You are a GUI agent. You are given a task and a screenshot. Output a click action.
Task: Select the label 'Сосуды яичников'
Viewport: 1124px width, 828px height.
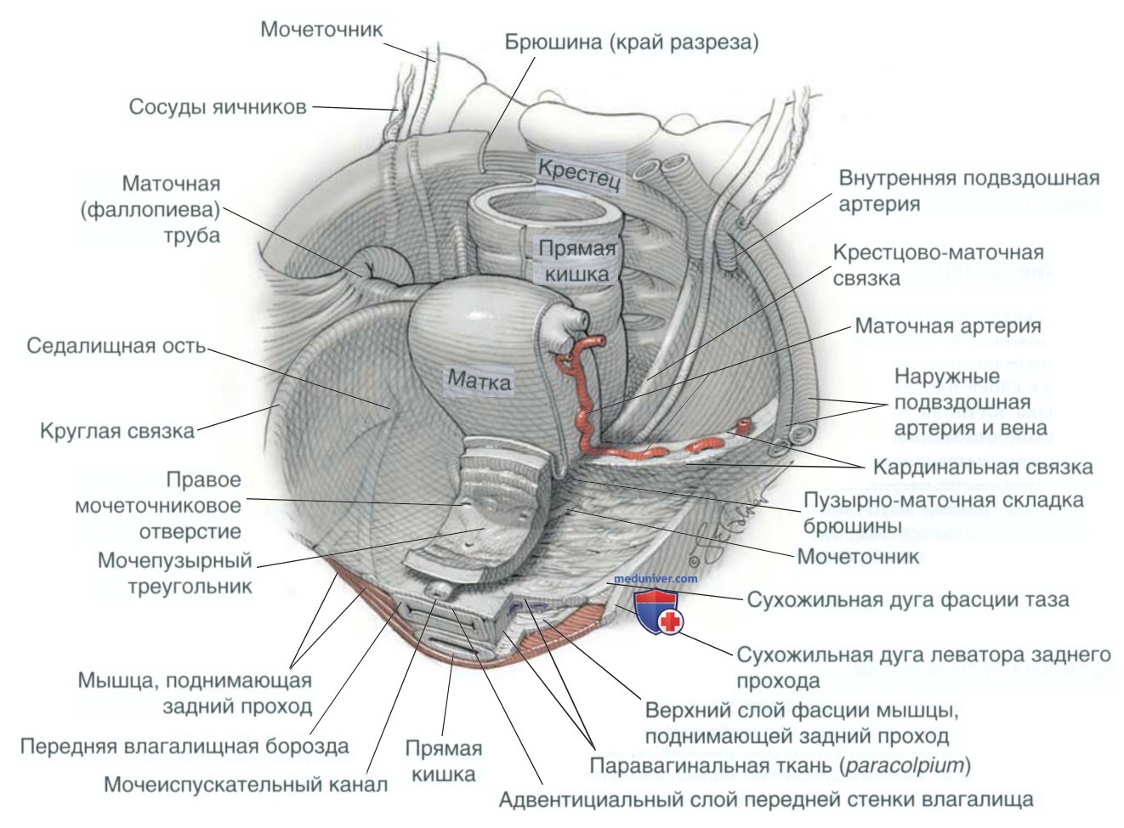[218, 108]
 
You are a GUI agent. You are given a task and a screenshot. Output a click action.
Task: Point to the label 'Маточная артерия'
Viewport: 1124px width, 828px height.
[948, 326]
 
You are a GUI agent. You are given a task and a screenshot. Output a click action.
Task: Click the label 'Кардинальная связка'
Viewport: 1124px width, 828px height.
[982, 467]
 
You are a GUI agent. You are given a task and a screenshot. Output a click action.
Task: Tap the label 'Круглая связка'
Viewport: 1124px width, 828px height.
[117, 430]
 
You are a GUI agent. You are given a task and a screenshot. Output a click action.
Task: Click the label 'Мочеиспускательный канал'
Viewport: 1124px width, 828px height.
[246, 784]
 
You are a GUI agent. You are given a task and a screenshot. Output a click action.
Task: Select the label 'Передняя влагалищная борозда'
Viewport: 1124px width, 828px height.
[184, 746]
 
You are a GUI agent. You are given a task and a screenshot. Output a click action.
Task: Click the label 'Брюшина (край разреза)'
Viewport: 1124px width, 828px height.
[630, 42]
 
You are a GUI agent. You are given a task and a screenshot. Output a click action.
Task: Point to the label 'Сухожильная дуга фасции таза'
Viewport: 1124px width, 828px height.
[907, 599]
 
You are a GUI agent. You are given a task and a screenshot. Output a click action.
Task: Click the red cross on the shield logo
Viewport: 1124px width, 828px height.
[671, 621]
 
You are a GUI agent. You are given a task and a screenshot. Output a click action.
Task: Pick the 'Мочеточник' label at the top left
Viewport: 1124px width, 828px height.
[321, 30]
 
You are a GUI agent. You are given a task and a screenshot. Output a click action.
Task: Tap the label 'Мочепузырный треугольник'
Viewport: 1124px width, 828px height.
[175, 573]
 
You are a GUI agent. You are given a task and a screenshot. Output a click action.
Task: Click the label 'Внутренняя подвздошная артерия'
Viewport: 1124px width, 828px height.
[968, 191]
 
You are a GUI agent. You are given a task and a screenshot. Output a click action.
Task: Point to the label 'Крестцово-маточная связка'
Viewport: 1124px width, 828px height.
[938, 265]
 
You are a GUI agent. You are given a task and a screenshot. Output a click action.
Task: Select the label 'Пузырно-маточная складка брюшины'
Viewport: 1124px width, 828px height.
[943, 513]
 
